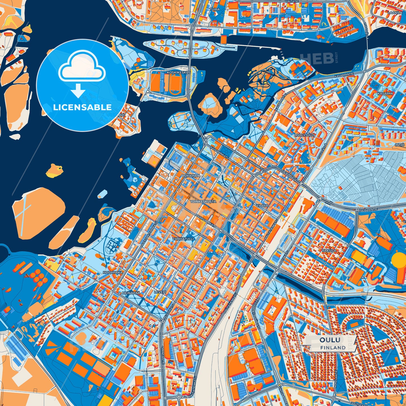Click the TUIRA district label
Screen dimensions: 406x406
click(x=214, y=9)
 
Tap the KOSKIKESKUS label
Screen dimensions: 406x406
click(x=178, y=72)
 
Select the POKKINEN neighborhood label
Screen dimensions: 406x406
click(x=191, y=176)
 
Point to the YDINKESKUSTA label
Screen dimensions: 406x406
click(x=203, y=201)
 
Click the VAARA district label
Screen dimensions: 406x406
click(x=262, y=206)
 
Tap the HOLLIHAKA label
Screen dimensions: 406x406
click(x=113, y=272)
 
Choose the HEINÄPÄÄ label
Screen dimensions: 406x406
click(x=131, y=293)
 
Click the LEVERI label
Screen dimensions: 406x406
click(x=160, y=292)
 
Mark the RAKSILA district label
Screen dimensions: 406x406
click(x=329, y=250)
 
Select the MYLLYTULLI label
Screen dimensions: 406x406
click(x=304, y=135)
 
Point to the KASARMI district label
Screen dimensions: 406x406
click(x=385, y=93)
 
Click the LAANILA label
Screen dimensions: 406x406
click(x=395, y=13)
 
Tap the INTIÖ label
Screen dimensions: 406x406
click(x=400, y=145)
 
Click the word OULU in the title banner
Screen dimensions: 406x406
click(x=330, y=340)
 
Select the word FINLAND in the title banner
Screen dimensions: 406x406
click(x=333, y=348)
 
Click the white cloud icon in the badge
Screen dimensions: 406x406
click(x=82, y=69)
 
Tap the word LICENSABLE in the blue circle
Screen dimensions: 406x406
click(x=82, y=107)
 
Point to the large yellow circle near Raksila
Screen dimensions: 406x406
click(x=399, y=260)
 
